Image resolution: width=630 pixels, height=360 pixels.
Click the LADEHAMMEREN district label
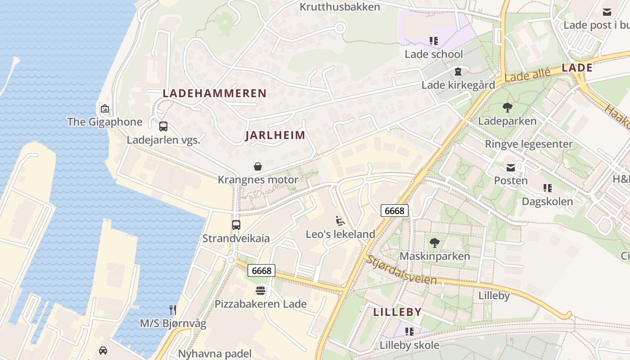tap(215, 94)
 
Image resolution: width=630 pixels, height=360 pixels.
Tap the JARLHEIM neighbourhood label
tap(275, 135)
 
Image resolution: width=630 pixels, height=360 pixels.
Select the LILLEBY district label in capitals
tap(397, 312)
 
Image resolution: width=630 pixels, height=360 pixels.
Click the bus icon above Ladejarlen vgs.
tap(163, 126)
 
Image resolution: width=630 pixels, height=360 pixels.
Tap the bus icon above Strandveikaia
tap(236, 225)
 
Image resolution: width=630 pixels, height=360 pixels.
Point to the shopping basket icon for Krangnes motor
tap(258, 167)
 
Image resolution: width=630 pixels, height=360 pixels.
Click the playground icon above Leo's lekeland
tap(340, 221)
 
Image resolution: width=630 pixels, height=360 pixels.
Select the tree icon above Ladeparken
tap(507, 108)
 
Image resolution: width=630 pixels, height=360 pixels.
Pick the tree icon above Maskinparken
tap(434, 243)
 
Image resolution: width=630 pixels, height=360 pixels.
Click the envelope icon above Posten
tap(511, 168)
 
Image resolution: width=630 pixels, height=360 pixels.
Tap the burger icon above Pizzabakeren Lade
tap(261, 290)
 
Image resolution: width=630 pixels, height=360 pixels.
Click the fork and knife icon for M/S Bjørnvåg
tap(172, 310)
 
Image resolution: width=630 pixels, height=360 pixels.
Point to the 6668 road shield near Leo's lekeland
tap(395, 210)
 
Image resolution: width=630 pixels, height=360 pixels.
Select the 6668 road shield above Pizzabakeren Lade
tap(261, 270)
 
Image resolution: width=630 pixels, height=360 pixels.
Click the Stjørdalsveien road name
tap(401, 270)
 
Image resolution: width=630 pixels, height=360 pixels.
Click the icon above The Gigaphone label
tap(104, 108)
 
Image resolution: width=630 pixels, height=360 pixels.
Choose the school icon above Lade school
tap(434, 41)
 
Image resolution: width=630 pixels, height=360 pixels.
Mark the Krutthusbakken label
tap(340, 7)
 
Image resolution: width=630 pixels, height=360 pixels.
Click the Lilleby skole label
tap(409, 345)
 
